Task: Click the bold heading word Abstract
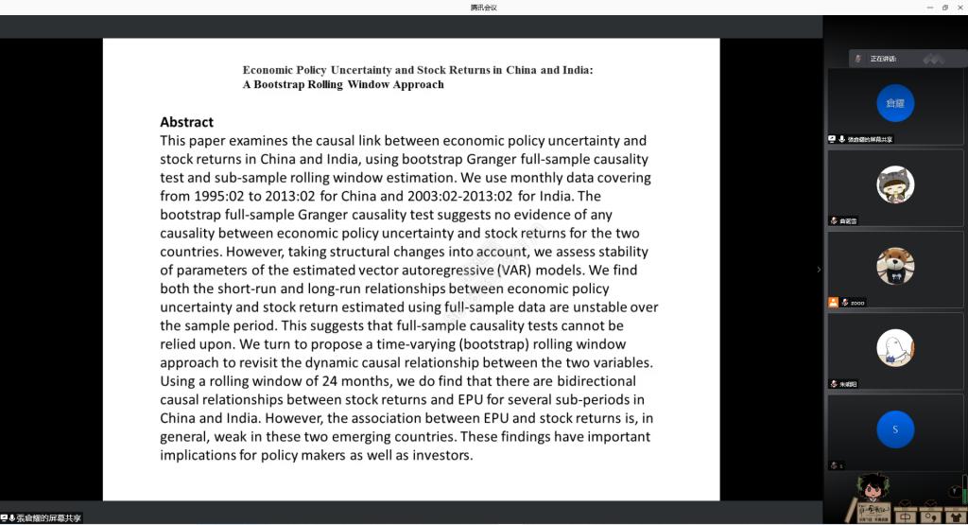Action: [x=186, y=122]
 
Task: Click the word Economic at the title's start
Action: [x=268, y=70]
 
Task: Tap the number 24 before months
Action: [x=315, y=381]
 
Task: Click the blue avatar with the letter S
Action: [x=894, y=429]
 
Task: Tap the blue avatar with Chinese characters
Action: [x=894, y=102]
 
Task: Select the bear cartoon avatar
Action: [x=894, y=266]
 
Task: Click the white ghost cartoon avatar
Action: [x=894, y=348]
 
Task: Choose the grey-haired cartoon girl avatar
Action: [x=894, y=184]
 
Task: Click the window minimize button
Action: [x=929, y=7]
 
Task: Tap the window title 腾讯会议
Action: [x=483, y=8]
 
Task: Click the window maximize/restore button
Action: [x=944, y=7]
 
